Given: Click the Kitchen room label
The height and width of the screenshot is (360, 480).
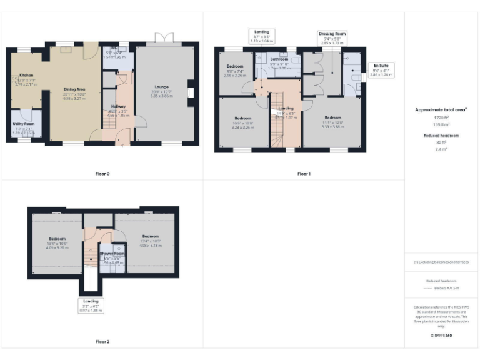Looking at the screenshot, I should pos(26,74).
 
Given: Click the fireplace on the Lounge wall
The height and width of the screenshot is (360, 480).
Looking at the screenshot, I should pos(192,94).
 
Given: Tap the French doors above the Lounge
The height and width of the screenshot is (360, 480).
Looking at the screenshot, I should pos(164,39).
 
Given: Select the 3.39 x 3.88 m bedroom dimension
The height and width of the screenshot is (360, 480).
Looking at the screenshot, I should pos(332,126).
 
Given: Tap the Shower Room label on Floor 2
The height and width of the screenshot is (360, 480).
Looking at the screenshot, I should pos(110,254).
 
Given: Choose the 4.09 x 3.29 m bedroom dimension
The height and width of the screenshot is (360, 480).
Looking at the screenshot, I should pos(57,247).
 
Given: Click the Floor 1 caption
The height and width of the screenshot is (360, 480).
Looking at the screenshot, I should pos(304,173).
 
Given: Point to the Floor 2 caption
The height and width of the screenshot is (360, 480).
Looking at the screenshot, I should pos(102,342).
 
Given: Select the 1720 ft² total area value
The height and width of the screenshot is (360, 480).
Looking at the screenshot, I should pos(441,117).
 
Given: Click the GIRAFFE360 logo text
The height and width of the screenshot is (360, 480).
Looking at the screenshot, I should pos(441,336).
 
